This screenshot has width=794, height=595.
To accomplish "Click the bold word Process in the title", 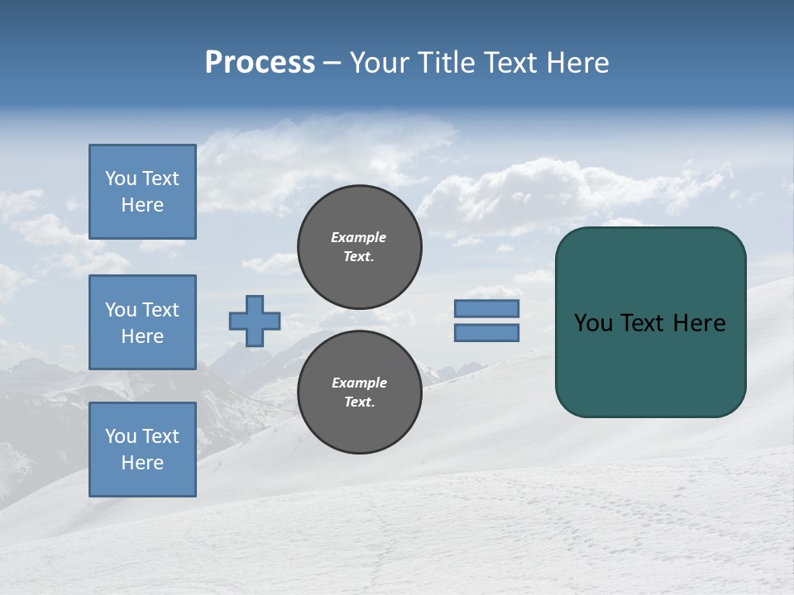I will [260, 63].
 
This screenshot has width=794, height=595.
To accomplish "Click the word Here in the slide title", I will [576, 63].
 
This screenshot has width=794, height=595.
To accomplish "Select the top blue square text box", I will [142, 192].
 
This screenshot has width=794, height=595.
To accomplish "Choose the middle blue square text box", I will [142, 322].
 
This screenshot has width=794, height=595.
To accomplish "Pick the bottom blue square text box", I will [142, 449].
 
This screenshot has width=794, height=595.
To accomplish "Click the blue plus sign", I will [255, 321].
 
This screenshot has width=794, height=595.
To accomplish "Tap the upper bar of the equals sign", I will [486, 309].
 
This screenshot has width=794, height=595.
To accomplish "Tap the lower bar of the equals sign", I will [486, 333].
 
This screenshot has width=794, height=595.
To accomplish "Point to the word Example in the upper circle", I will [359, 237].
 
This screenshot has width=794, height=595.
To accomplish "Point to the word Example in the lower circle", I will [359, 383].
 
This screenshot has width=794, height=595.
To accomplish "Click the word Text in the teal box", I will [643, 323].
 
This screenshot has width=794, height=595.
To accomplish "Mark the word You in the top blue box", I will [120, 178].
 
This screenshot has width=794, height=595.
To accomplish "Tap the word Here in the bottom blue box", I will [142, 463].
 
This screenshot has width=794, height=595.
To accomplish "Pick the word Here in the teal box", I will [699, 323].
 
